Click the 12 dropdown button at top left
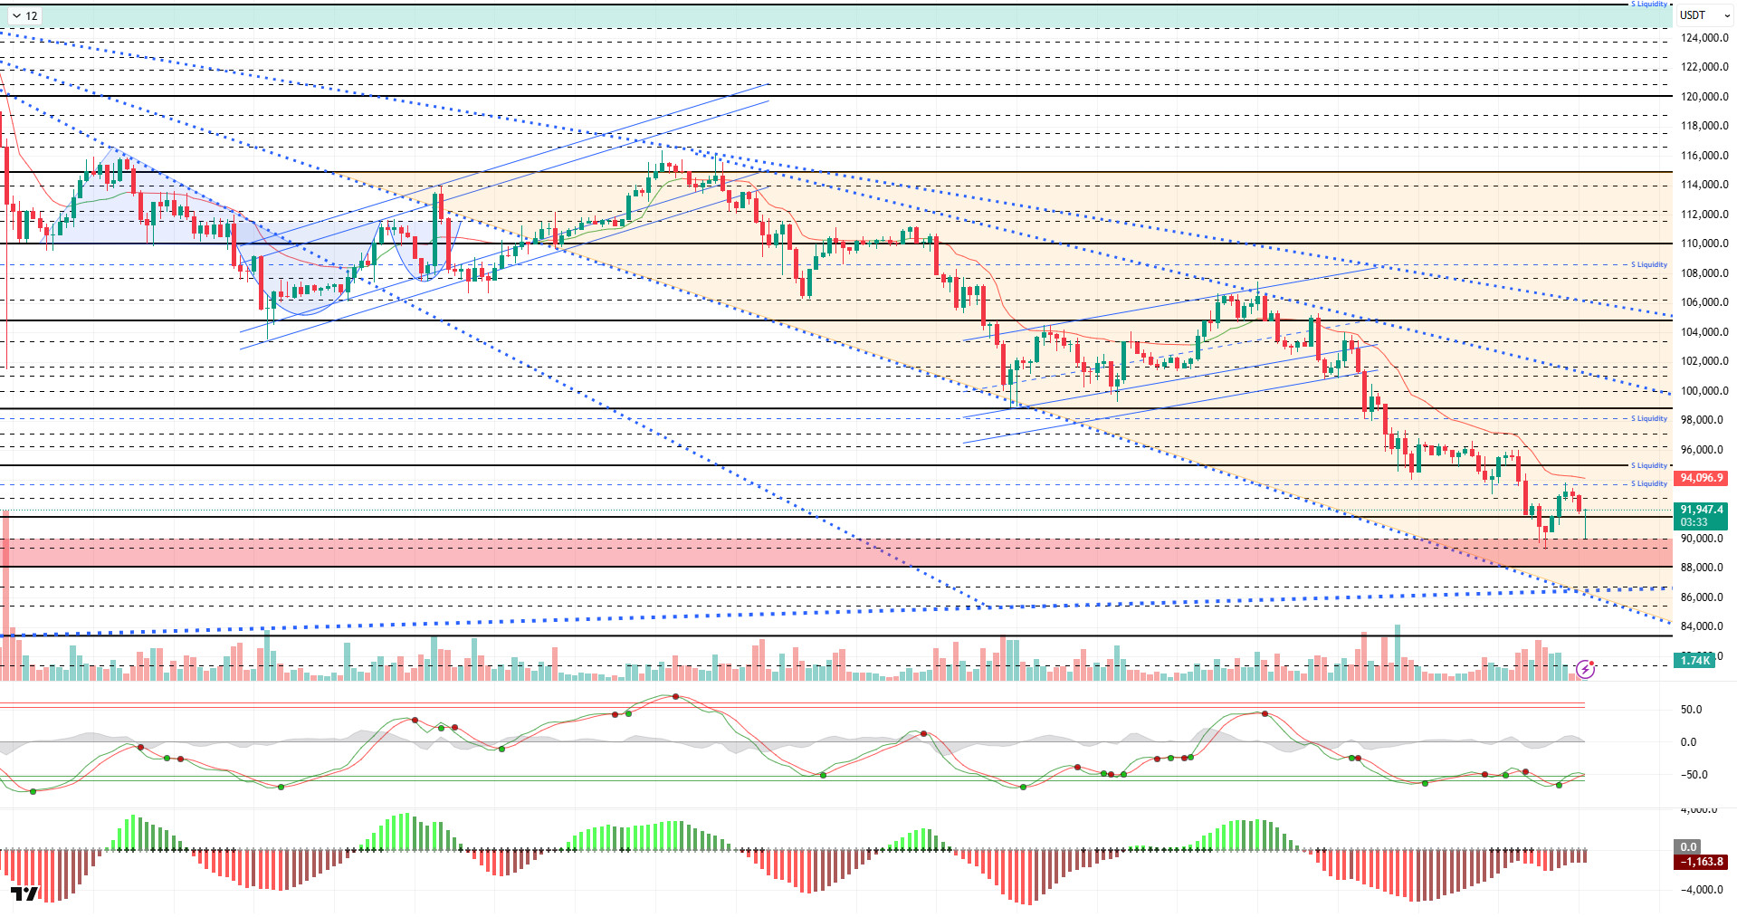coord(24,15)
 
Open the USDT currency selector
coord(1703,15)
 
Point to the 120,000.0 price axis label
coord(1704,97)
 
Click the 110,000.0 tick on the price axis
coord(1704,244)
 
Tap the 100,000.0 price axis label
coord(1704,391)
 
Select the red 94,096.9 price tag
coord(1701,478)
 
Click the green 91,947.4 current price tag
coord(1701,510)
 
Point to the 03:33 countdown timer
coord(1694,522)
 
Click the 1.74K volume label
coord(1694,661)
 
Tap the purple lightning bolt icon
coord(1585,669)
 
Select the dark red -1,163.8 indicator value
coord(1701,862)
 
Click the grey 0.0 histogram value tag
coord(1688,847)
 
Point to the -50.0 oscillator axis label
coord(1694,775)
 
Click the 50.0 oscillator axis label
coord(1691,710)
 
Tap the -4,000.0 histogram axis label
coord(1701,890)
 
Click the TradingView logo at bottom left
coord(25,894)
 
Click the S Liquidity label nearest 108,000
coord(1648,265)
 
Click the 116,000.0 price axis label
coord(1704,156)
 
